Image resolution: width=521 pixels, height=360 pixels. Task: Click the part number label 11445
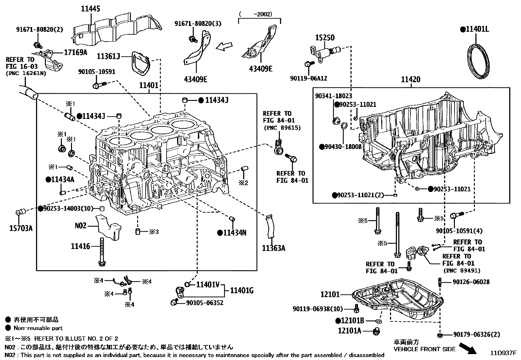91,9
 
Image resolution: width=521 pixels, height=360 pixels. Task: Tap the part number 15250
325,38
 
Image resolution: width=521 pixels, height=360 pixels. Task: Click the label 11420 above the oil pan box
411,80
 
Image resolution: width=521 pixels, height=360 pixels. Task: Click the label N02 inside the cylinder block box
81,226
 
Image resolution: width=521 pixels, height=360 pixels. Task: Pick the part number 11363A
273,248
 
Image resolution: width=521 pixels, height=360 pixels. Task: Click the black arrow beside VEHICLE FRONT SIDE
467,348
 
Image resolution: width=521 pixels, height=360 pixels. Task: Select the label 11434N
235,233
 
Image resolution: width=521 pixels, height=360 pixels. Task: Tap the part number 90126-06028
471,282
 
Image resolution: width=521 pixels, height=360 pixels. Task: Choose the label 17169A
75,52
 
